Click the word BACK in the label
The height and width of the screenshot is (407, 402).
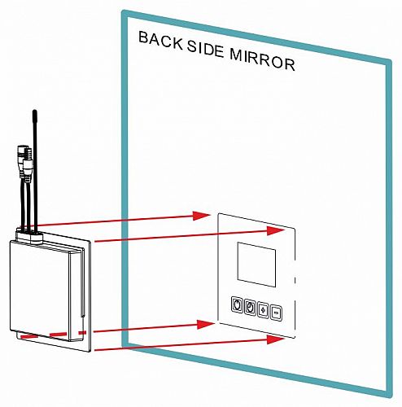coord(160,42)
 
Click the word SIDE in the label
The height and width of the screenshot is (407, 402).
coord(205,50)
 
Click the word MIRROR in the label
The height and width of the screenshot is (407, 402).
coord(263,61)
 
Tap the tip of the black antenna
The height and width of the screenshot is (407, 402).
coord(34,111)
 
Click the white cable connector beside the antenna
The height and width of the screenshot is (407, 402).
coord(28,168)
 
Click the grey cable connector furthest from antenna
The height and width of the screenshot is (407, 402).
coord(22,157)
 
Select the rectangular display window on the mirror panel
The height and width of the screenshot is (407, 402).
coord(256,264)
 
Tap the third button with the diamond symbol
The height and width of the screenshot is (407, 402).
coord(263,310)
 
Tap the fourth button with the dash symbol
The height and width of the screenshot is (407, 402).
coord(276,313)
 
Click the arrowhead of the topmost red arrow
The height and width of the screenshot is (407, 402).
coord(202,216)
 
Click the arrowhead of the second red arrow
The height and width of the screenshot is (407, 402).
coord(276,230)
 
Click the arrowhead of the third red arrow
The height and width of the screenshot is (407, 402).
coord(206,324)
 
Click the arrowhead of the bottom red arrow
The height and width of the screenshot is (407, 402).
coord(276,339)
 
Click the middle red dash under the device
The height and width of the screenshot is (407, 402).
coord(58,335)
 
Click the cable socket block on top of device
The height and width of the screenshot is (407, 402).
coord(29,235)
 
